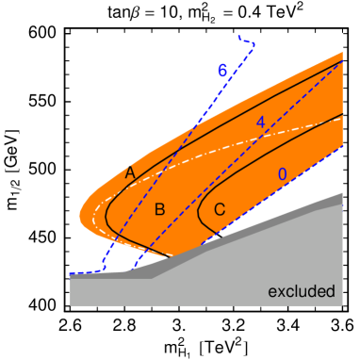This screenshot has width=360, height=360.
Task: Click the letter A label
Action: click(x=130, y=172)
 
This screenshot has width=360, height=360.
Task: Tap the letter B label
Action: click(x=160, y=209)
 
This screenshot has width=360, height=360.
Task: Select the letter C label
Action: click(x=220, y=209)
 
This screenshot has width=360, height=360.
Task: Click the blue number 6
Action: click(x=222, y=71)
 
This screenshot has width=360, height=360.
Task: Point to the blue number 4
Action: click(x=260, y=123)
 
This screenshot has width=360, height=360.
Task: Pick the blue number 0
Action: click(x=282, y=174)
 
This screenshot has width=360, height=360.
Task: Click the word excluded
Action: click(x=302, y=291)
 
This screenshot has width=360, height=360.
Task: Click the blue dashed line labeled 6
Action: click(x=179, y=151)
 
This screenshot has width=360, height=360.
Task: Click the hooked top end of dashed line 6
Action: click(x=247, y=41)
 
